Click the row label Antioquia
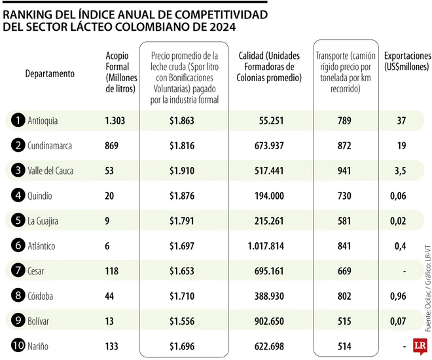pos(43,120)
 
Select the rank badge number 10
pos(18,346)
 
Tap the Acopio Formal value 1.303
pos(115,120)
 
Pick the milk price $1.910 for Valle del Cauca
pos(181,171)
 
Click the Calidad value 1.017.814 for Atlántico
pos(279,246)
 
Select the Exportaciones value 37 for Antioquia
pos(401,120)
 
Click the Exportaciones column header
pos(406,62)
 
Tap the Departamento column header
pos(50,74)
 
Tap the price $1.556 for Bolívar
pos(181,321)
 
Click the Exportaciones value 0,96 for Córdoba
pos(401,296)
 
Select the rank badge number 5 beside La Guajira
pos(18,221)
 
